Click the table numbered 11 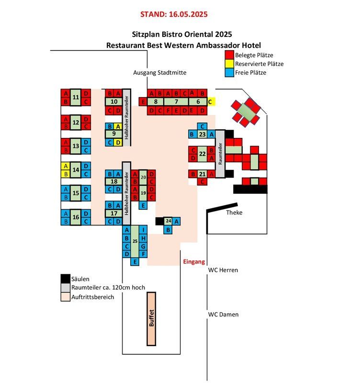pyautogui.click(x=76, y=97)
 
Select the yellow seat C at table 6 pyautogui.click(x=211, y=101)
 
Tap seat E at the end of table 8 pyautogui.click(x=143, y=101)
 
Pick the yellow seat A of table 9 pyautogui.click(x=118, y=126)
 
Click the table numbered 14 pyautogui.click(x=76, y=170)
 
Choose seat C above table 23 pyautogui.click(x=202, y=126)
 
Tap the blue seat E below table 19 pyautogui.click(x=143, y=205)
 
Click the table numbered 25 pyautogui.click(x=135, y=241)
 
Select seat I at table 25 pyautogui.click(x=143, y=230)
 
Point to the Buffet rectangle pyautogui.click(x=151, y=319)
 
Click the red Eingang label pyautogui.click(x=194, y=262)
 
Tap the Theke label pyautogui.click(x=234, y=213)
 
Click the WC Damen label pyautogui.click(x=223, y=315)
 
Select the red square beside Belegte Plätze pyautogui.click(x=229, y=55)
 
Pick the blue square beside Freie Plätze pyautogui.click(x=229, y=73)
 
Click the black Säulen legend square pyautogui.click(x=66, y=279)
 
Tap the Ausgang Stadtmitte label pyautogui.click(x=160, y=73)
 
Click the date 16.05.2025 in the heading pyautogui.click(x=188, y=14)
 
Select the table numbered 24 pyautogui.click(x=168, y=221)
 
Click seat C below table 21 pyautogui.click(x=202, y=182)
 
